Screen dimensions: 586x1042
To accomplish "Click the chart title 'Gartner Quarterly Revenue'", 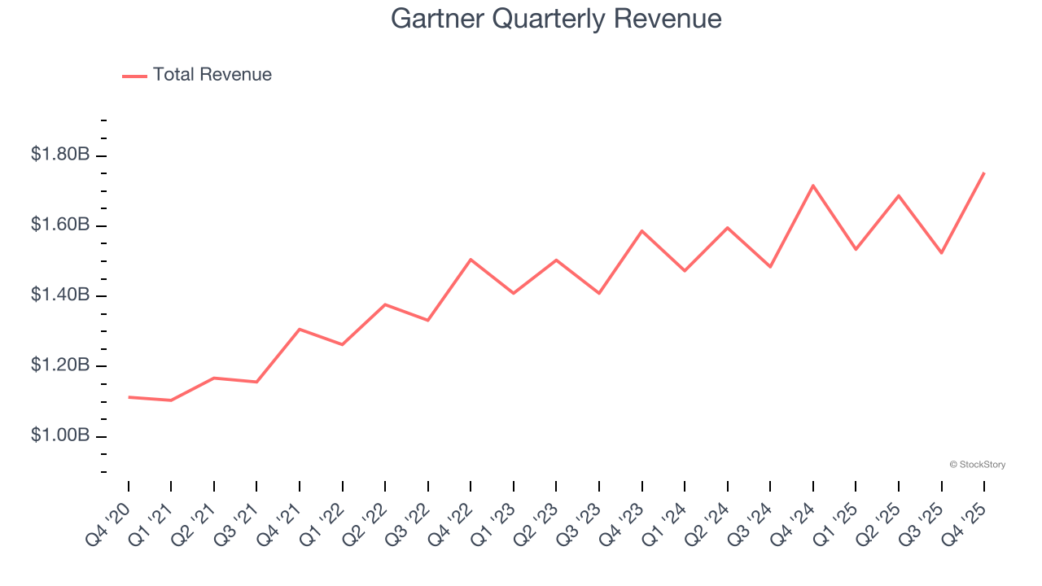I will (556, 19).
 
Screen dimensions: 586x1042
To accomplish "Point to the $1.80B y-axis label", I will (60, 154).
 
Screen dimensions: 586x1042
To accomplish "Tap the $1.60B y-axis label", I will (60, 225).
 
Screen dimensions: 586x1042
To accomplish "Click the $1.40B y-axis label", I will (60, 295).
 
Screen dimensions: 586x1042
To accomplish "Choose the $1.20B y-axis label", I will (60, 365).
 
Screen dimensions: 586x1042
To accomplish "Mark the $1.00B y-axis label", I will (60, 436).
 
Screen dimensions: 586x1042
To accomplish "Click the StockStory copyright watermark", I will (977, 465).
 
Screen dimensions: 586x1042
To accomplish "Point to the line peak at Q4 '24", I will (813, 186).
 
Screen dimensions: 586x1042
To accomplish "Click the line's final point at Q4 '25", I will (984, 173).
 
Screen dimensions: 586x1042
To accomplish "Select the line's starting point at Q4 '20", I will (129, 397).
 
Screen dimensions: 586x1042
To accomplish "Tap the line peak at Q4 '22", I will (471, 260).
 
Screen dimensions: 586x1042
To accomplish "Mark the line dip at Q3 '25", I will (941, 253).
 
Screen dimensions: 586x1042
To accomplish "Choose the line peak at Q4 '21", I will (300, 330).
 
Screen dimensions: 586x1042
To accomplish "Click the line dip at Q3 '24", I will (770, 267).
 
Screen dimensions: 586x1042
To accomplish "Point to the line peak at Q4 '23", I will (642, 231).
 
